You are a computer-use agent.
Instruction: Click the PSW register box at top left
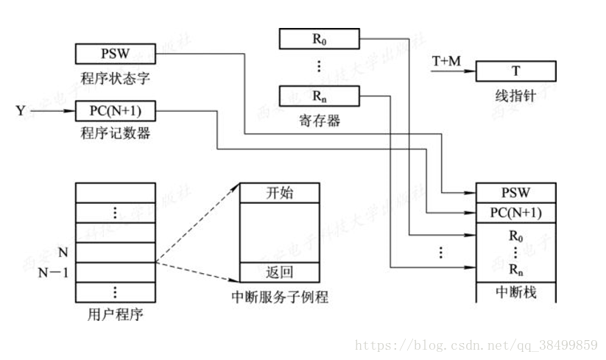pos(116,54)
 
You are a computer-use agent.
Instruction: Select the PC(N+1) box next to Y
pos(116,112)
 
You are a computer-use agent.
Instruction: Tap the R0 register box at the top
pos(319,38)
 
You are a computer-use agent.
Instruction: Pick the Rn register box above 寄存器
pos(319,96)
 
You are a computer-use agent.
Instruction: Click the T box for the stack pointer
pos(515,71)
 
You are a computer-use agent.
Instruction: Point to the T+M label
pos(445,62)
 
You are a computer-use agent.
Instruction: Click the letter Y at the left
pos(21,112)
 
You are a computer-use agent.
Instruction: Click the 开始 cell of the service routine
pos(279,193)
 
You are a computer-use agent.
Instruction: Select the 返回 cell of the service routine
pos(279,272)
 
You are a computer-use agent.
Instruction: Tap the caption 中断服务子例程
pos(279,297)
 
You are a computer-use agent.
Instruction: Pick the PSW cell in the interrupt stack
pos(515,194)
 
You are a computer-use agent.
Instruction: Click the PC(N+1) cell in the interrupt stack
pos(515,213)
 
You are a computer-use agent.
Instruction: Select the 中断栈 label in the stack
pos(515,292)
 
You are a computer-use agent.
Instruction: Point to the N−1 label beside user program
pos(53,273)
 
